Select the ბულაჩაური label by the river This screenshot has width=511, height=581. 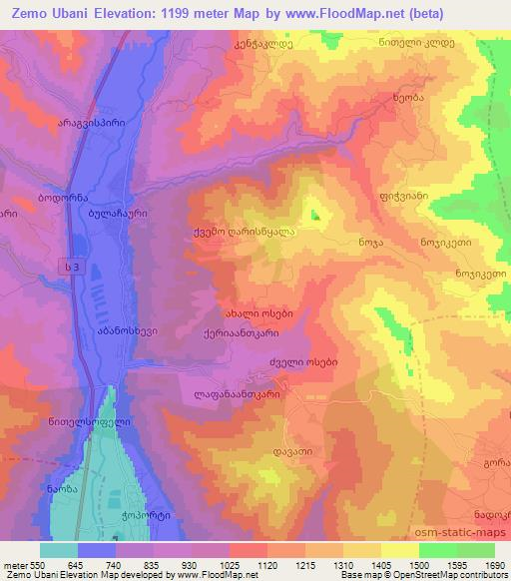[x=118, y=213]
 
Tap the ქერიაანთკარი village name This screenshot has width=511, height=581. [x=247, y=334]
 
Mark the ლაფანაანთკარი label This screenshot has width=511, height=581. [x=238, y=394]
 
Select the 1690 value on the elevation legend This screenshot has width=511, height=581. [x=493, y=565]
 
